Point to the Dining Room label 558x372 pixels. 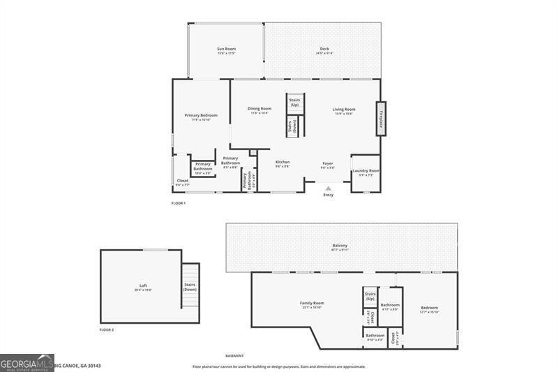click(259, 110)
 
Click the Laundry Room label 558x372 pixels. click(365, 172)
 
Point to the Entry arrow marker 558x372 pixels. click(329, 188)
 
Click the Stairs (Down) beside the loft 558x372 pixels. click(190, 286)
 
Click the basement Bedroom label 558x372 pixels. click(429, 308)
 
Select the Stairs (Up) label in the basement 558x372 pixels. click(370, 296)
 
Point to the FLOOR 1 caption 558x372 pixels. click(179, 203)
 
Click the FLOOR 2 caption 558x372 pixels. click(106, 329)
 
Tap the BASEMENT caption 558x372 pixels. click(235, 356)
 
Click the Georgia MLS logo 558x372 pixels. click(27, 362)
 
